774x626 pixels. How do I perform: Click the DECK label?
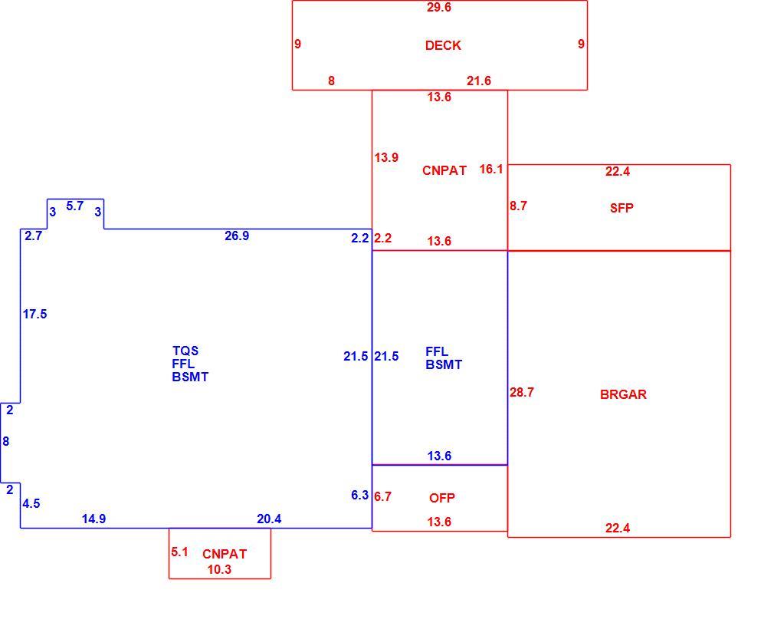click(443, 45)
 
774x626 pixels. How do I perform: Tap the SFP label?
click(621, 208)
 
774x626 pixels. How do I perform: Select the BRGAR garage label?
click(623, 394)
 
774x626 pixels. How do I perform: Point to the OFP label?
click(441, 498)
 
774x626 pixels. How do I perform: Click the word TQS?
click(185, 351)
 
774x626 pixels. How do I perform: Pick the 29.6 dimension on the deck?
click(439, 8)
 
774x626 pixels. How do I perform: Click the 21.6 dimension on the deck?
click(479, 81)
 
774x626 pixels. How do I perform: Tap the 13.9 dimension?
click(386, 157)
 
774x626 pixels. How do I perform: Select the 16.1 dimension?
click(490, 170)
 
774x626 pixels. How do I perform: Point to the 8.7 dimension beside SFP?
click(518, 206)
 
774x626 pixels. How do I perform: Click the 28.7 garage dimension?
click(522, 392)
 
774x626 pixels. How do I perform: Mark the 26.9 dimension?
click(237, 236)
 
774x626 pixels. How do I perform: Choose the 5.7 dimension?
click(75, 206)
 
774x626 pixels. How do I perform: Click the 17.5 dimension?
click(34, 315)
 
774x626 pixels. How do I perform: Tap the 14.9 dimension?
click(93, 519)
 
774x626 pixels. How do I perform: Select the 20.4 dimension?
click(269, 519)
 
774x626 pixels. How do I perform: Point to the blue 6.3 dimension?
click(360, 495)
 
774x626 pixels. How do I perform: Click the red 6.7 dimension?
click(382, 496)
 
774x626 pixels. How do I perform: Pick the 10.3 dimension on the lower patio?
click(219, 570)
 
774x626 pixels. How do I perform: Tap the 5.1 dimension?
click(179, 552)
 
